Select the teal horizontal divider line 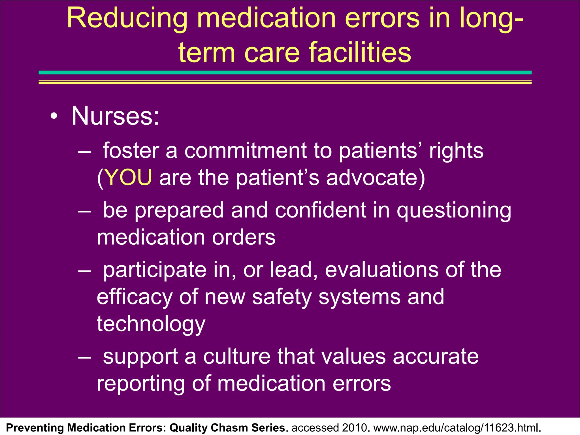[285, 73]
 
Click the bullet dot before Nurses [54, 116]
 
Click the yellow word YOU [128, 178]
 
